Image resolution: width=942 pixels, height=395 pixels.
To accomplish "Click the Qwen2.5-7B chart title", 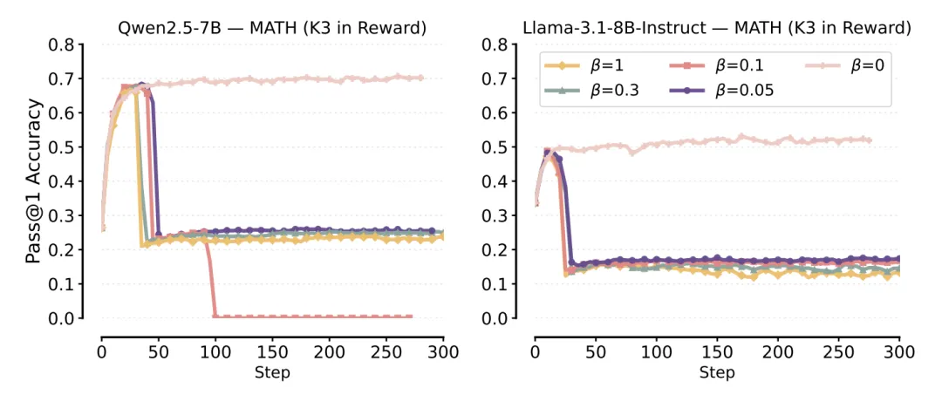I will (272, 28).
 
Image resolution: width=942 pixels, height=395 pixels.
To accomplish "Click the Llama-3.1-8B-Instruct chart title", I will (717, 28).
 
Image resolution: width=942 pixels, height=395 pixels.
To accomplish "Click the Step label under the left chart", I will (272, 372).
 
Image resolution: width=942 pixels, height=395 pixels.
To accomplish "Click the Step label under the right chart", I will (717, 372).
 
